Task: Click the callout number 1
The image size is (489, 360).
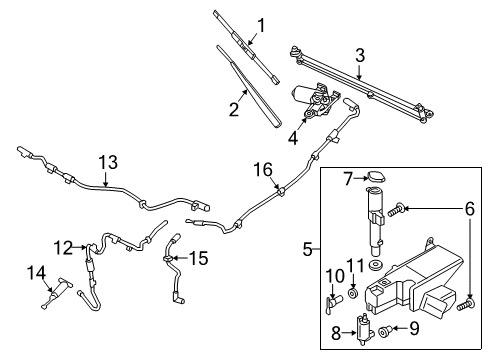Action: [261, 25]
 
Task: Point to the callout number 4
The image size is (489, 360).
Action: [293, 139]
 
